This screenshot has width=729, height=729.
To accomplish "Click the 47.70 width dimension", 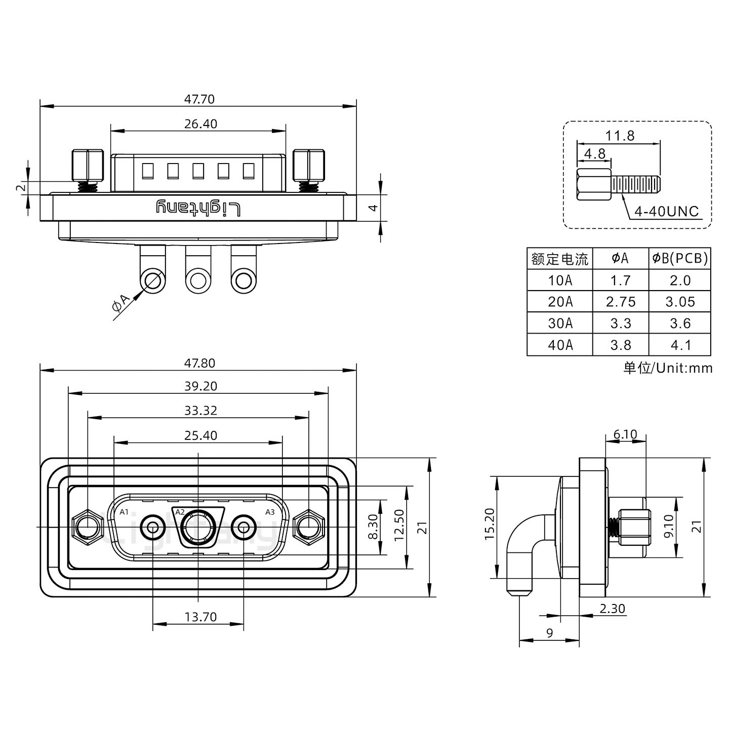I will tap(199, 99).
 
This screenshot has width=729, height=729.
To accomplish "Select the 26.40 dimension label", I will tap(200, 124).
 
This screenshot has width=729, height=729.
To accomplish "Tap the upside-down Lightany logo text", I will tap(198, 208).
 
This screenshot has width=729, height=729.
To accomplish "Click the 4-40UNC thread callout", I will tap(666, 212).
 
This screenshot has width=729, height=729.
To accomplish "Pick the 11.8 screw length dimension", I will tap(620, 136).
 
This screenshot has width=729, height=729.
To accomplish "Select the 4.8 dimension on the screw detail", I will tap(595, 153).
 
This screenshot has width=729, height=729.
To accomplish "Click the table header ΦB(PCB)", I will tap(680, 259).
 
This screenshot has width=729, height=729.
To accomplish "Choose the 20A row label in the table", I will tap(560, 302).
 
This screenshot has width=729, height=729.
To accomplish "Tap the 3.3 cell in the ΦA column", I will tap(620, 323).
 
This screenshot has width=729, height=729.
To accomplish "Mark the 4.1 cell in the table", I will tap(680, 345).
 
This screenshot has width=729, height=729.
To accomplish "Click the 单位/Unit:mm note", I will tap(668, 368).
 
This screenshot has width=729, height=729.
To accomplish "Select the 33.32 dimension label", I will tap(200, 411).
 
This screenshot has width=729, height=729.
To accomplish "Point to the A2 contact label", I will tap(180, 512).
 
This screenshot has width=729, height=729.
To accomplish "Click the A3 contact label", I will tap(270, 512).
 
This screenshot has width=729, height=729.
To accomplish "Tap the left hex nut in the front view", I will tap(86, 528).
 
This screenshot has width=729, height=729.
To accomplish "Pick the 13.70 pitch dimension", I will tap(200, 617).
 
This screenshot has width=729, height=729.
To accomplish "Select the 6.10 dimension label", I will tap(625, 434).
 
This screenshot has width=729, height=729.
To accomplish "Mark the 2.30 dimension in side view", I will tap(612, 609).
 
